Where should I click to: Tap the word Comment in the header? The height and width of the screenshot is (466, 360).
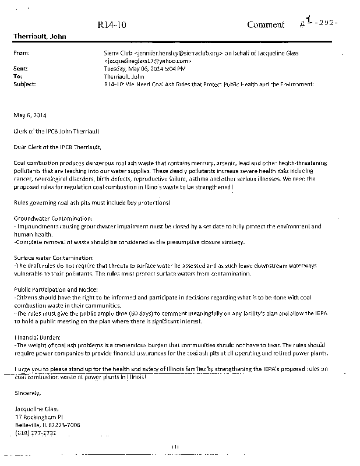pos(266,24)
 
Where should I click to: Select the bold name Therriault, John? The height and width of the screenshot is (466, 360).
pos(40,37)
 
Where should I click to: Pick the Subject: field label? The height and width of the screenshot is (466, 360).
pos(24,84)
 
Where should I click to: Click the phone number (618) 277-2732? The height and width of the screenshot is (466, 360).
pos(37,433)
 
